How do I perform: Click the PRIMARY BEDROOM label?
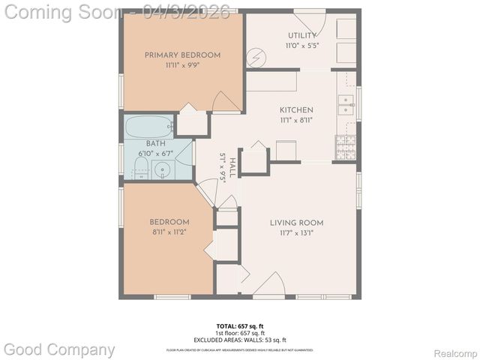182,55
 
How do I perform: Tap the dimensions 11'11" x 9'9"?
182,65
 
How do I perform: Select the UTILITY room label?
301,36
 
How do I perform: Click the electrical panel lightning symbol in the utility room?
256,57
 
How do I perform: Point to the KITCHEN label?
296,110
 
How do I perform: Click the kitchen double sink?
346,105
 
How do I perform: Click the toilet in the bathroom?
142,166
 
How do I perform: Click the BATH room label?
155,143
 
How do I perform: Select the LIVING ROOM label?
297,223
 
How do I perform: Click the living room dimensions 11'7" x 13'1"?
297,232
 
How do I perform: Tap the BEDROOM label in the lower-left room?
169,222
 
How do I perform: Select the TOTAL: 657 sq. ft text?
239,326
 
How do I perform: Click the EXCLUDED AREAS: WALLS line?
239,340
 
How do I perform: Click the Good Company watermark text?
59,349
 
